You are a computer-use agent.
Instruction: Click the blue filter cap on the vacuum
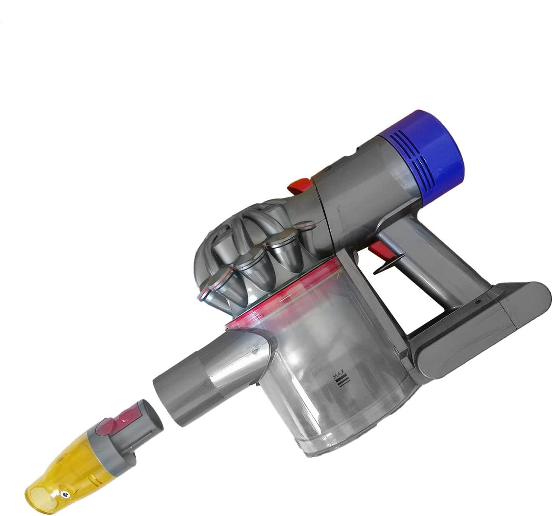(x=430, y=157)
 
